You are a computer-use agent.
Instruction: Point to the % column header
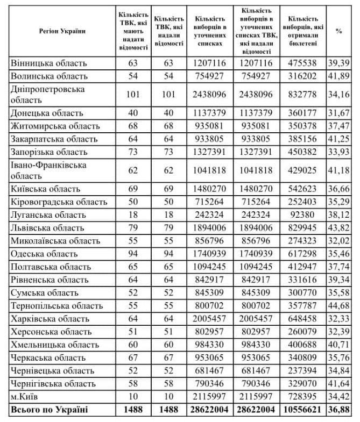click(338, 31)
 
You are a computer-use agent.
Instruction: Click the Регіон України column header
click(62, 31)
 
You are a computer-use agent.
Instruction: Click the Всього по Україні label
click(46, 410)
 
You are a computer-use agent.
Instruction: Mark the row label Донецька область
click(47, 113)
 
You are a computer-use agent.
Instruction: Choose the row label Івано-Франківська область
click(49, 170)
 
